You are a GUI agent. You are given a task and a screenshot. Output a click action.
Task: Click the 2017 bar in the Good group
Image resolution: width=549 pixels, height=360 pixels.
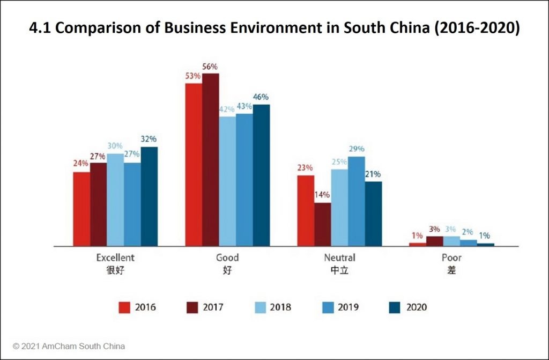(x=210, y=160)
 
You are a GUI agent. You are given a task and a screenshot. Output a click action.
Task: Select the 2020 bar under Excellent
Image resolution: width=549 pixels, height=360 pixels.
(x=149, y=196)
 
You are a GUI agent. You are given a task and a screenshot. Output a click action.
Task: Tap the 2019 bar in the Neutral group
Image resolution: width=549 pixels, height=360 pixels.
(x=357, y=201)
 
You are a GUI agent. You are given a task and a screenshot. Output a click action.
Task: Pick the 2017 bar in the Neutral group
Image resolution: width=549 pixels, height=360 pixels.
(x=322, y=224)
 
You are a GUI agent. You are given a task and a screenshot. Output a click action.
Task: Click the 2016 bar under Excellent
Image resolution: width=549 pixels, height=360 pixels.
(x=81, y=209)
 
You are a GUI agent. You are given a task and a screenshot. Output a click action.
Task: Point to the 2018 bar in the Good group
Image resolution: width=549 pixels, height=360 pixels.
(x=227, y=181)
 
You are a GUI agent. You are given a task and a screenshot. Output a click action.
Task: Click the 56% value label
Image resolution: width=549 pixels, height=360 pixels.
(x=210, y=67)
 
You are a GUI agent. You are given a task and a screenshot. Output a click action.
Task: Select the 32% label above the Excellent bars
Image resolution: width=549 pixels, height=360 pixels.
(x=150, y=139)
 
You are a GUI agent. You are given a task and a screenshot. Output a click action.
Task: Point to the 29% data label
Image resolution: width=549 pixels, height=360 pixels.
(x=357, y=149)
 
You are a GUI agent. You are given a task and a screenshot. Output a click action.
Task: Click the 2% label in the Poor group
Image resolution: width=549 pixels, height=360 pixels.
(x=468, y=232)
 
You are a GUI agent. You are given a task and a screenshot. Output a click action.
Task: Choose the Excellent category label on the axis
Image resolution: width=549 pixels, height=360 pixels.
(x=115, y=258)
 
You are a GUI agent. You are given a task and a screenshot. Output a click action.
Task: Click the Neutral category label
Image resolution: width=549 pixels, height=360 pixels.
(x=339, y=258)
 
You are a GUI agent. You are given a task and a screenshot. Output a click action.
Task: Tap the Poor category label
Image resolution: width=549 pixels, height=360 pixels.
(x=451, y=258)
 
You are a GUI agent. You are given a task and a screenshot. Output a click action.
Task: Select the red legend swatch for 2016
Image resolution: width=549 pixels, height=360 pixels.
(x=124, y=307)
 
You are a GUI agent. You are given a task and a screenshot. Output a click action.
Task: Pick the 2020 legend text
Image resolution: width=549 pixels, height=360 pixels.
(x=416, y=307)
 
